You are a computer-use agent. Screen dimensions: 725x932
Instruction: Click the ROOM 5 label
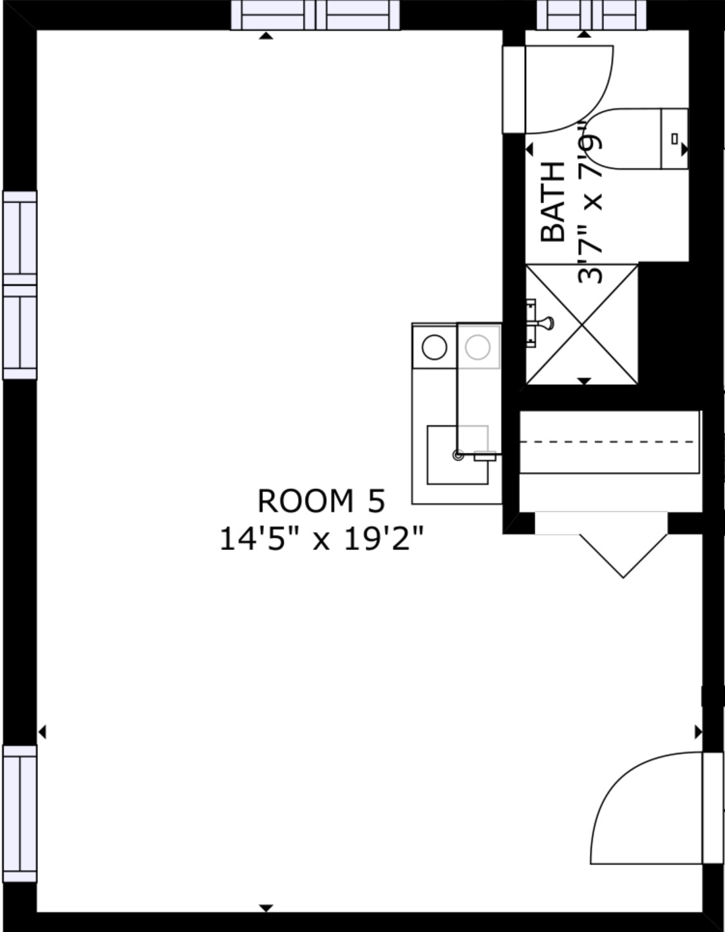coord(321,501)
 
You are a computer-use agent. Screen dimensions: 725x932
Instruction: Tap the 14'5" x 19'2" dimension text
coord(321,538)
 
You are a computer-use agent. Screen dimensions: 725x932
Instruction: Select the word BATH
coord(552,202)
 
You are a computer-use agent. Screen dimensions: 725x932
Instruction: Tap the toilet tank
coord(674,138)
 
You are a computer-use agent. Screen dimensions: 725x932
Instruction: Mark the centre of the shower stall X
coord(582,324)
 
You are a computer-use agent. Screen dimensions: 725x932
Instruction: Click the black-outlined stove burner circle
coord(435,347)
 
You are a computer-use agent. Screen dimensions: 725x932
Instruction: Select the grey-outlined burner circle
coord(478,347)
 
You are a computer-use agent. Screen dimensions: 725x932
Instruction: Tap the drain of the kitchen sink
coord(458,455)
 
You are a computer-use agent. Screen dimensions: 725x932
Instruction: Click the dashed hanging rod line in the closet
coord(608,442)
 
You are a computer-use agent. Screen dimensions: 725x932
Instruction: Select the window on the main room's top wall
coord(315,15)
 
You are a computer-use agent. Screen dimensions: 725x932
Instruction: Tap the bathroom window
coord(592,15)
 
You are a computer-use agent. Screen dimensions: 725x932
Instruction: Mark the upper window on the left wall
coord(20,285)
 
